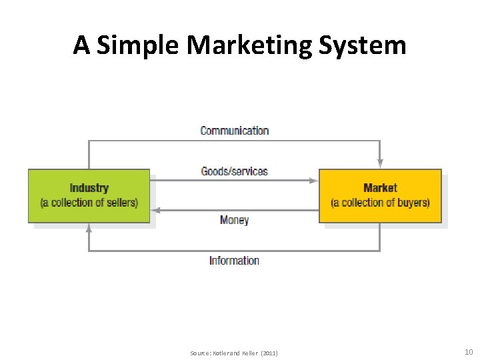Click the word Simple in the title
point(137,45)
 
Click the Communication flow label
point(235,131)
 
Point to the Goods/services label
point(235,171)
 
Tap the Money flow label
point(234,219)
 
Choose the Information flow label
point(234,261)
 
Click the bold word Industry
point(89,189)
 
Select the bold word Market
point(380,189)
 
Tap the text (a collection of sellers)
point(89,203)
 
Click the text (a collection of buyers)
point(380,203)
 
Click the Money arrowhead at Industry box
point(155,210)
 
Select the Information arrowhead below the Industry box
point(89,228)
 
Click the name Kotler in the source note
point(217,353)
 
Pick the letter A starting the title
point(81,45)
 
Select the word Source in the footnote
point(199,353)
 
